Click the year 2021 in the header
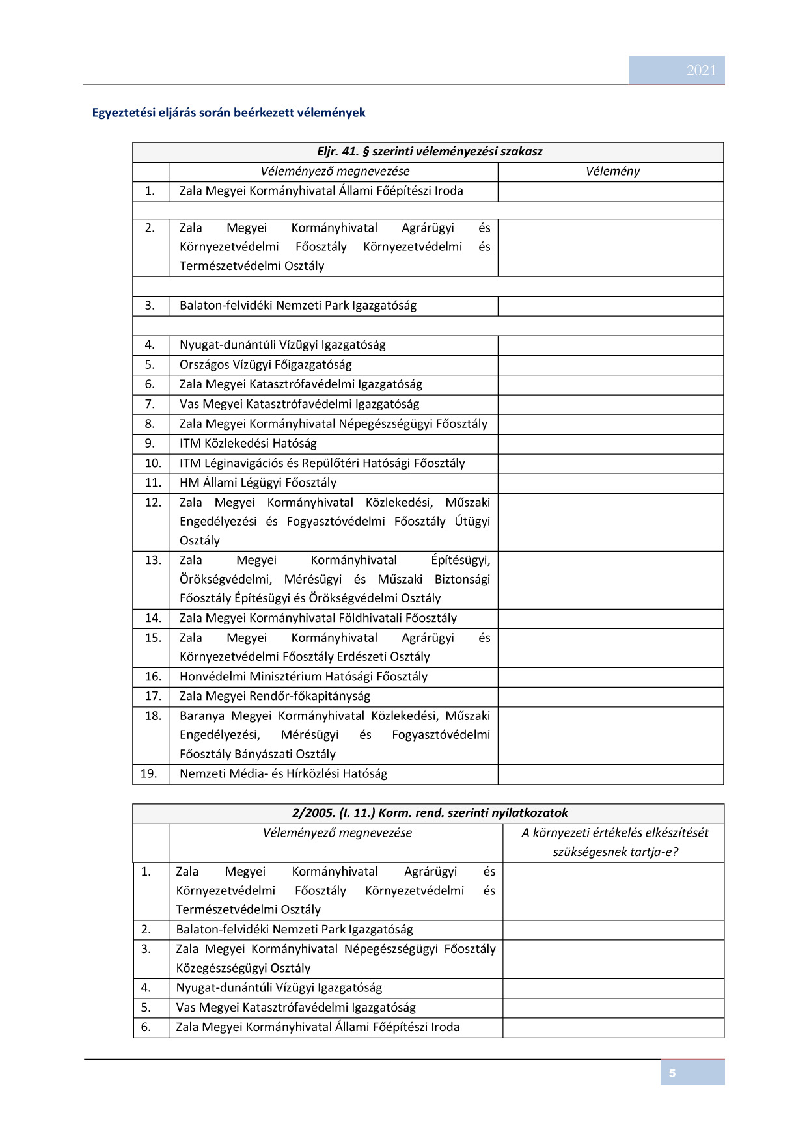[x=700, y=70]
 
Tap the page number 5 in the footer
[x=672, y=1073]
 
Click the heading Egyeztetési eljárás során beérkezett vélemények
[x=228, y=113]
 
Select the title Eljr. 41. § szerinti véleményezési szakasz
[x=429, y=152]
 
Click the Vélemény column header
[x=612, y=171]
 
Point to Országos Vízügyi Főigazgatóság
[x=266, y=364]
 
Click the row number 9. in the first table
[x=150, y=443]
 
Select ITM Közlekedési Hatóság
[x=248, y=443]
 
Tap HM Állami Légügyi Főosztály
[x=258, y=482]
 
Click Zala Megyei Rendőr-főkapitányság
[x=275, y=695]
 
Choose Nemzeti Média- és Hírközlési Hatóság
[x=283, y=773]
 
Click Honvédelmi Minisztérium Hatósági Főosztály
[x=303, y=676]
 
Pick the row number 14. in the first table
[x=152, y=617]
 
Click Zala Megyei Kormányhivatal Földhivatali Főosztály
[x=318, y=617]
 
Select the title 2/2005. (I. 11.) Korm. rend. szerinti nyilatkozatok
[x=430, y=812]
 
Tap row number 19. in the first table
[x=149, y=773]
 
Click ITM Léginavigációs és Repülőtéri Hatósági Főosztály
[x=322, y=463]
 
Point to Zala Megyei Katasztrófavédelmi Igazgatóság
[x=301, y=384]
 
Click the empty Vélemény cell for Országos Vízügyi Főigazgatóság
[x=610, y=364]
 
